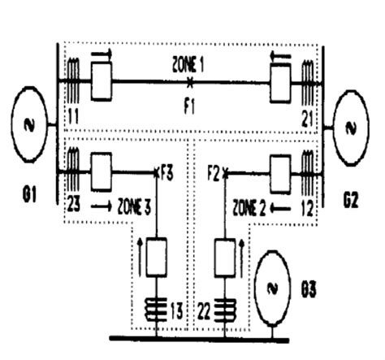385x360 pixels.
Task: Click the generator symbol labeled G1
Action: (x=29, y=124)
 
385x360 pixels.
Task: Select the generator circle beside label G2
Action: (x=351, y=128)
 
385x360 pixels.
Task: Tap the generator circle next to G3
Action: (x=273, y=288)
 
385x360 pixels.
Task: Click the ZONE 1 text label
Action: (x=188, y=66)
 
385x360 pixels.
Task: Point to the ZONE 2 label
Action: (x=249, y=208)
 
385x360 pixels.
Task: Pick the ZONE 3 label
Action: (x=134, y=207)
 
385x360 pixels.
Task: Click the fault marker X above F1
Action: (x=190, y=82)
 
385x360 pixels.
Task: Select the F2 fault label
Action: (x=214, y=174)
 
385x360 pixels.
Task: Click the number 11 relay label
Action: (x=73, y=117)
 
